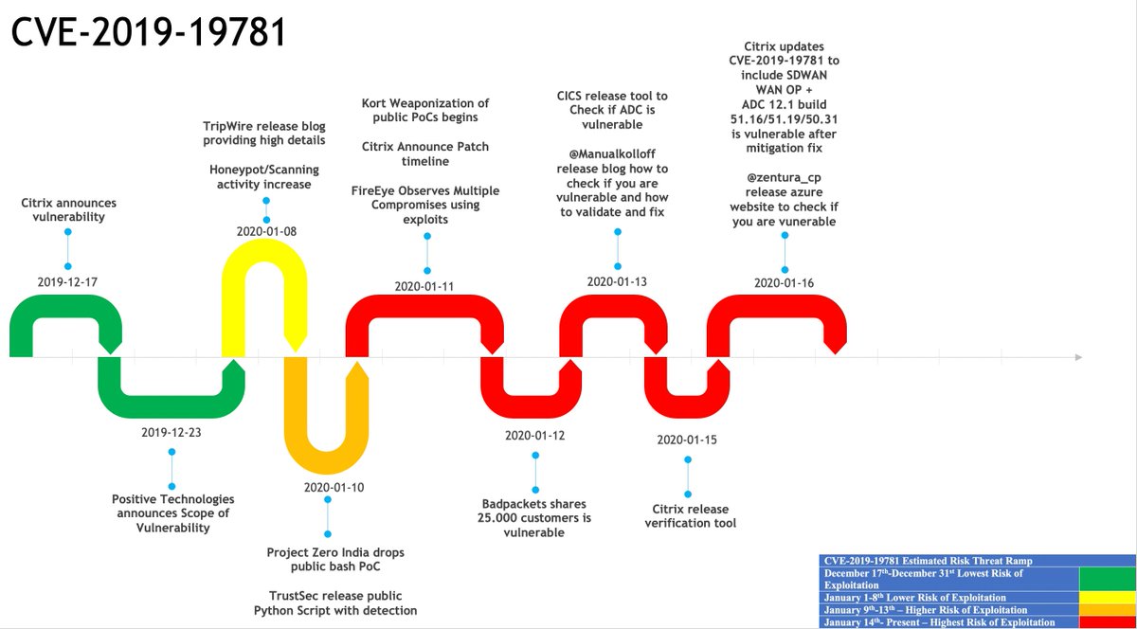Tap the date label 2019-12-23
click(x=171, y=432)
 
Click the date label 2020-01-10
click(x=328, y=487)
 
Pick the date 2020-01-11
click(x=425, y=285)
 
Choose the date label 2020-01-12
click(x=535, y=436)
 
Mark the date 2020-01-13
click(x=617, y=281)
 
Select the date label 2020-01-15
click(x=687, y=440)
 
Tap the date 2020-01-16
click(x=784, y=282)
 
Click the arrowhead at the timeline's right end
click(x=1077, y=357)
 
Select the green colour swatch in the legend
click(x=1107, y=577)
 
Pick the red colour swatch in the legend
click(x=1107, y=622)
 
